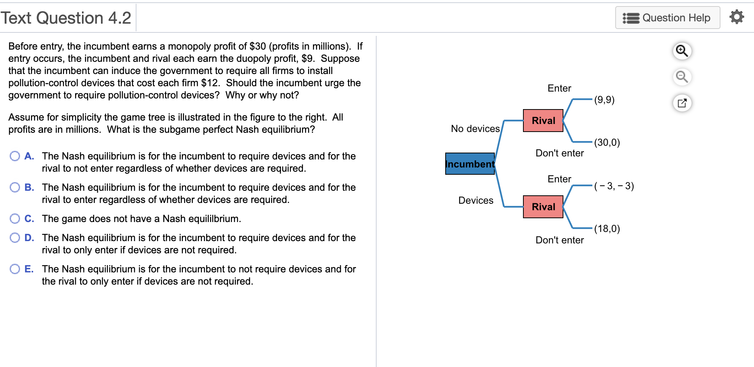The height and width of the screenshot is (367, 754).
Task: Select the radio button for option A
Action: tap(15, 156)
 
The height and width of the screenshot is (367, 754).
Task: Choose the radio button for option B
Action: tap(15, 187)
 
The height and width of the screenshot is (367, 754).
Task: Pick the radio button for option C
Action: tap(15, 219)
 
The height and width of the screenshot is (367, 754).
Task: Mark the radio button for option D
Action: tap(15, 238)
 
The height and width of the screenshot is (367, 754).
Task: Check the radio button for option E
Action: tap(15, 269)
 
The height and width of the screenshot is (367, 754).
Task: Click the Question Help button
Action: tap(667, 18)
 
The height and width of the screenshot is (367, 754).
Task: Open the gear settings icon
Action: tap(736, 17)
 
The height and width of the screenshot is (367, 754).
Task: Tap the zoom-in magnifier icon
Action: tap(682, 51)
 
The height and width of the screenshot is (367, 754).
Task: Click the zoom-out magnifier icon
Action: tap(682, 77)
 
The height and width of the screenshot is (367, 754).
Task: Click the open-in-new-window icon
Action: tap(682, 103)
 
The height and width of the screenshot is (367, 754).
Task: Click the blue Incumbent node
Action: tap(470, 164)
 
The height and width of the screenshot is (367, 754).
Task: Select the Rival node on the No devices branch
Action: tap(543, 121)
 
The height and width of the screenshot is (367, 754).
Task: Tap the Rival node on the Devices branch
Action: tap(543, 207)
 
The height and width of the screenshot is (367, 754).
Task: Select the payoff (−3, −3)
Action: tap(614, 186)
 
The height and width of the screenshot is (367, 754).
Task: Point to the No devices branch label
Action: tap(475, 129)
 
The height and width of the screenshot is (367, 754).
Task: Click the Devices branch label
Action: tap(476, 200)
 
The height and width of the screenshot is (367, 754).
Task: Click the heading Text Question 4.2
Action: tap(66, 18)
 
